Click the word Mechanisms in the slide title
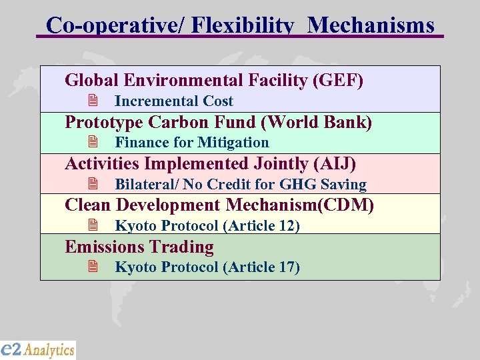click(x=372, y=25)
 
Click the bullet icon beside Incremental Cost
click(x=93, y=101)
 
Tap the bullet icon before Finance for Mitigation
click(x=93, y=143)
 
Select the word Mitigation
click(x=234, y=143)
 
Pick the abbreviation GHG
click(x=298, y=185)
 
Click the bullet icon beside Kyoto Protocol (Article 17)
click(x=93, y=267)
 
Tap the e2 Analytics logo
click(x=38, y=349)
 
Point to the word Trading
click(x=182, y=247)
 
